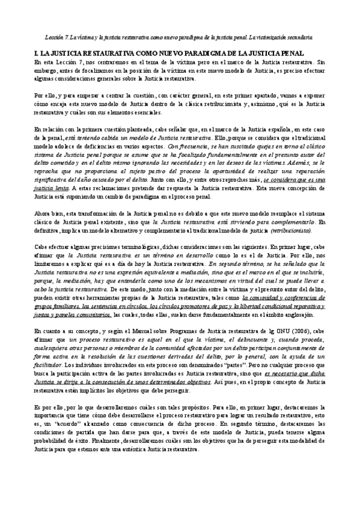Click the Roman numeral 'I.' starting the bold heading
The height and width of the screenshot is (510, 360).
tap(37, 54)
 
